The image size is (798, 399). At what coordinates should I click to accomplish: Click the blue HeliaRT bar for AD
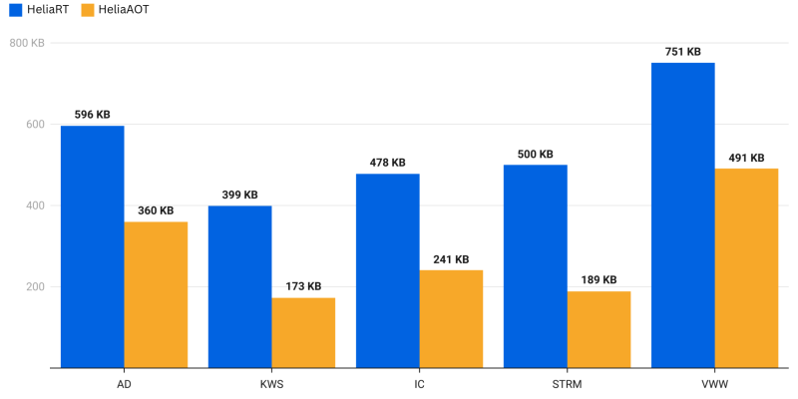click(x=92, y=246)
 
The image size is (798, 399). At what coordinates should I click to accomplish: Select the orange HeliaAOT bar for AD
click(x=156, y=294)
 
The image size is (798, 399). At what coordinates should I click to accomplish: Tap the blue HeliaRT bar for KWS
click(x=239, y=286)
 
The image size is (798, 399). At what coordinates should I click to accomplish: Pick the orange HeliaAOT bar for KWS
click(x=303, y=332)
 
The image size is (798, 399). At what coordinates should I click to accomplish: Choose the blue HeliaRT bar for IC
click(x=387, y=270)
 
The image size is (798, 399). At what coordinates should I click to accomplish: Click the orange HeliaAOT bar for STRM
click(x=598, y=329)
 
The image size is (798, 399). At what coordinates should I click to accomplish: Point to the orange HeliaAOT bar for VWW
click(x=746, y=267)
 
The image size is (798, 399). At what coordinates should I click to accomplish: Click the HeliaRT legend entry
click(x=30, y=9)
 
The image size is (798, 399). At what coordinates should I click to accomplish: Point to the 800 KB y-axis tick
click(x=27, y=43)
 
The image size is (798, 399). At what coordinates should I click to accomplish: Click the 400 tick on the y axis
click(x=36, y=205)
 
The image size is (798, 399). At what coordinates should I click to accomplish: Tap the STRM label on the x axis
click(x=567, y=383)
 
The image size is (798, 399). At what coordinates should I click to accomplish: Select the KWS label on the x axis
click(x=271, y=383)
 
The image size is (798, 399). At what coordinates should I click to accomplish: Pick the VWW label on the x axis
click(x=714, y=383)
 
